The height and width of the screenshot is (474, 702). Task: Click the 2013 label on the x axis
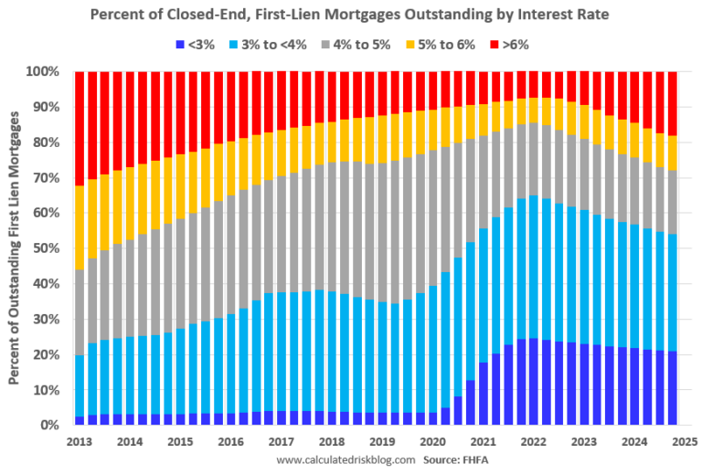coord(79,441)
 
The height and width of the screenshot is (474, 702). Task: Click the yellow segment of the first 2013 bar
coord(80,228)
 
